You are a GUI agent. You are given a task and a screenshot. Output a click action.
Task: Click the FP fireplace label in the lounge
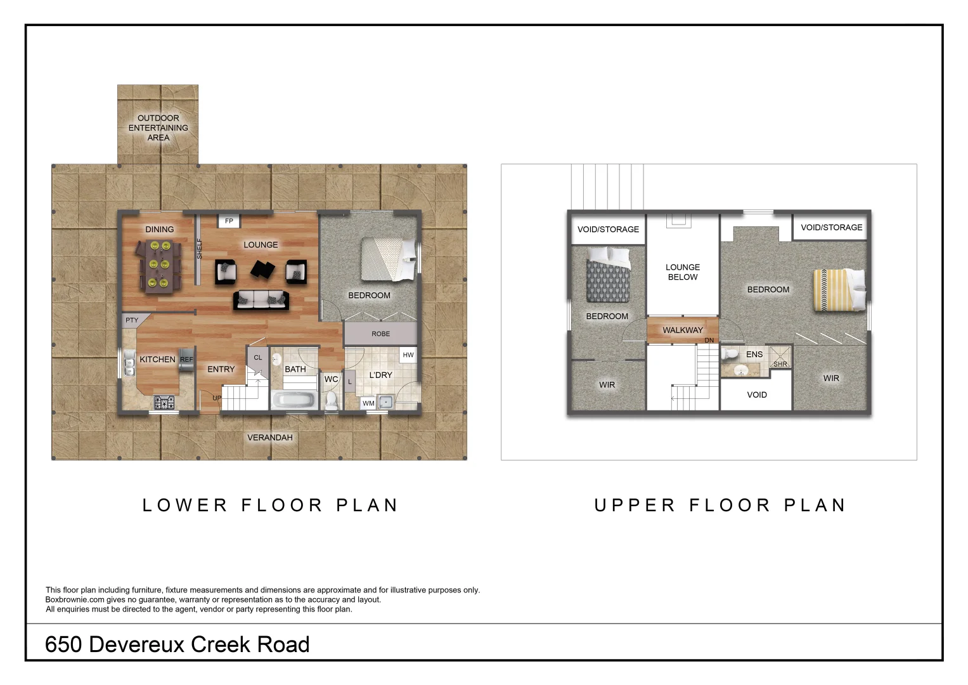tap(229, 221)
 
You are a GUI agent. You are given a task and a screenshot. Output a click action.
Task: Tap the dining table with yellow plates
tap(158, 267)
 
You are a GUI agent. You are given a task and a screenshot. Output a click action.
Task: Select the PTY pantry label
tap(132, 320)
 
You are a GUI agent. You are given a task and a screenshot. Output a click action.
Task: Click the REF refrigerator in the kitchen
tap(186, 360)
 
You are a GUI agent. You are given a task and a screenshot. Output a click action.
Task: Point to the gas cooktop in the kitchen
tap(164, 403)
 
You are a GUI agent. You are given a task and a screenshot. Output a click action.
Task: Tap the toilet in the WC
tap(331, 400)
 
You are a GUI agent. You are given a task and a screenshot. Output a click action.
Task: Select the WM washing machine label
tap(368, 403)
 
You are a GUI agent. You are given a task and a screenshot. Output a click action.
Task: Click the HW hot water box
tap(408, 355)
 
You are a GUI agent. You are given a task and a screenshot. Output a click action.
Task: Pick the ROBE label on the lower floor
tap(381, 334)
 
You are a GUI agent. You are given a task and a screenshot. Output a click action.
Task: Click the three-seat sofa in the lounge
tap(261, 299)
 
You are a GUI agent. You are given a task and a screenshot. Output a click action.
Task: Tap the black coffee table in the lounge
tap(262, 270)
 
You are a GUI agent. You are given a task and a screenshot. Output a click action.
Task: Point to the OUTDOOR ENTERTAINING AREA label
tap(158, 128)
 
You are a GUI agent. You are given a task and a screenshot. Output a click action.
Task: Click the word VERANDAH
tap(270, 438)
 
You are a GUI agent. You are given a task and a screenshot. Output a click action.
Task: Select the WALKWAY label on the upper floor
tap(683, 330)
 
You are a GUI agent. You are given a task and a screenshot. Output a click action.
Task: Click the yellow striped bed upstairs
tap(840, 290)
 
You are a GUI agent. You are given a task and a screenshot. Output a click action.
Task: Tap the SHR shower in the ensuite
tap(780, 357)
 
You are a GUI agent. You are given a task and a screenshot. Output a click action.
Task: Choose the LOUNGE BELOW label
tap(683, 272)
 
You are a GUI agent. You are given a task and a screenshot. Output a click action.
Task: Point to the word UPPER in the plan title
tap(635, 505)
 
